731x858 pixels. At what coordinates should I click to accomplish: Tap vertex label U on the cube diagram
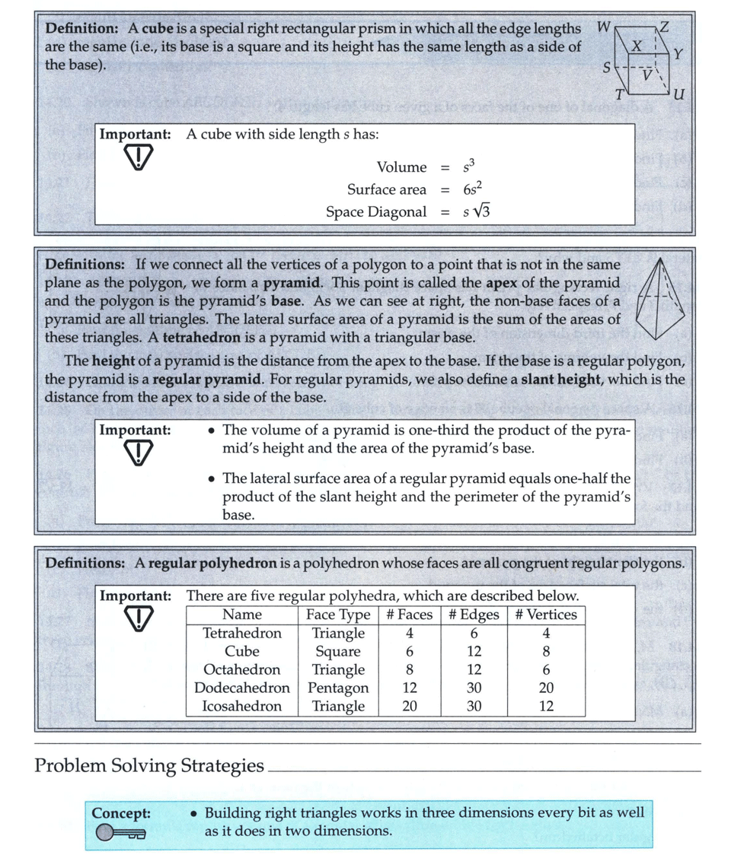pos(679,94)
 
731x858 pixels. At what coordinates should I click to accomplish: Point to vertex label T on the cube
pos(620,94)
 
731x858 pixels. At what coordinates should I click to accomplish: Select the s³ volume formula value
pos(469,167)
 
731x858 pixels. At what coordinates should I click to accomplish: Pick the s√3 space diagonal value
pos(476,211)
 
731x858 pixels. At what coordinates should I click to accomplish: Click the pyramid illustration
pos(661,297)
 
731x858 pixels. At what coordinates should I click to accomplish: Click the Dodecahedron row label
pos(242,688)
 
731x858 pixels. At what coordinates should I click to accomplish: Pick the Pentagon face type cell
pos(338,688)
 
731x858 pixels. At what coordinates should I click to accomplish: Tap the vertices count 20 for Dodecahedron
pos(546,688)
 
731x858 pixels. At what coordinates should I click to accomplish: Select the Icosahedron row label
pos(242,706)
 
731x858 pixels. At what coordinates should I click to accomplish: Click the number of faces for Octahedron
pos(410,669)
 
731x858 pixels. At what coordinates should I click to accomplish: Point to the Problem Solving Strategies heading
pos(149,766)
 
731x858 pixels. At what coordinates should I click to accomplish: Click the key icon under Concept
pos(120,834)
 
